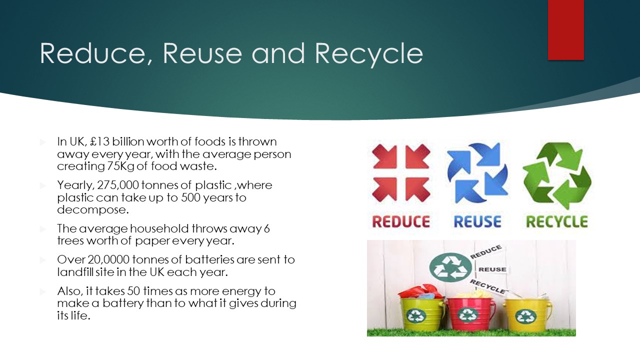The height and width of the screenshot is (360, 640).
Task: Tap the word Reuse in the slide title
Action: [202, 53]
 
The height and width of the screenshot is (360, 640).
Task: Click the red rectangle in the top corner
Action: [565, 30]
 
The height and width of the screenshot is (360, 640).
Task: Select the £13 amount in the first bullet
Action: [99, 141]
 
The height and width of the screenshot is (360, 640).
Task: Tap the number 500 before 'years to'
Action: [190, 197]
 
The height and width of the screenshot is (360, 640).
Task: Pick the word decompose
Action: [93, 210]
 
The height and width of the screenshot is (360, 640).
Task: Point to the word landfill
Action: [75, 272]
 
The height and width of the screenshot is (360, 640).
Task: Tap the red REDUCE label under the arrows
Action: [401, 221]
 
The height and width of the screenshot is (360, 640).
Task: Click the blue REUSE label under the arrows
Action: [477, 221]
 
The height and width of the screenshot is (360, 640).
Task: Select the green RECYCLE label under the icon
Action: [557, 221]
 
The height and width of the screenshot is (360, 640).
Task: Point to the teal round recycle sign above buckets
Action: [450, 267]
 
